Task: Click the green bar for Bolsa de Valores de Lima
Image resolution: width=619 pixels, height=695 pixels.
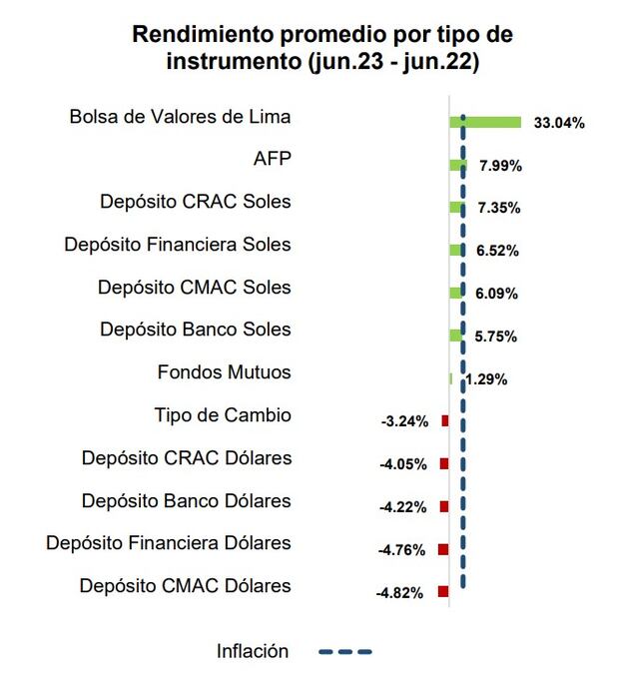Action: tap(486, 122)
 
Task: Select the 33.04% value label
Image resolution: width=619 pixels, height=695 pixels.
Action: tap(559, 123)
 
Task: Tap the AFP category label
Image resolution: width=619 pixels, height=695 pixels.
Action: tap(273, 160)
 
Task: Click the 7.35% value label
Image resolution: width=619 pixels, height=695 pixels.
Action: tap(499, 208)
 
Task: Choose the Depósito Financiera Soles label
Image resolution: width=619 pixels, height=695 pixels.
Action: tap(178, 245)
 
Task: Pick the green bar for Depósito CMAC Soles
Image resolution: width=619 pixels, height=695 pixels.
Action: tap(456, 293)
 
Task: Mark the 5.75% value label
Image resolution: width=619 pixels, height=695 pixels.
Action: tap(497, 337)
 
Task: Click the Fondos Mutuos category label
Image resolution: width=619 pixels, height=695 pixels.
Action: tap(225, 372)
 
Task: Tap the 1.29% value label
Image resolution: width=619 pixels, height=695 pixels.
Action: tap(487, 379)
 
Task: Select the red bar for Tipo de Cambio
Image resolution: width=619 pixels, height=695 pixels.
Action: tap(445, 421)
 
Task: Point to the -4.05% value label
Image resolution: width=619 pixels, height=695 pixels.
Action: tap(404, 464)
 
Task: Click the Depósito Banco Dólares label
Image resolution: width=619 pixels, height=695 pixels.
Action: tap(187, 500)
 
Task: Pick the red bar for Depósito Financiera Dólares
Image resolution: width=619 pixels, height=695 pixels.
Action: tap(443, 549)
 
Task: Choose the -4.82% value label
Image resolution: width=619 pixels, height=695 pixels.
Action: tap(399, 592)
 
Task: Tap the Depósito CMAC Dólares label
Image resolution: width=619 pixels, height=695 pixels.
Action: tap(186, 586)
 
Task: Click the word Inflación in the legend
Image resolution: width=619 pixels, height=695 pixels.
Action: tap(253, 652)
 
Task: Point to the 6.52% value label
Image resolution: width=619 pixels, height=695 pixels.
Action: tap(498, 251)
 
